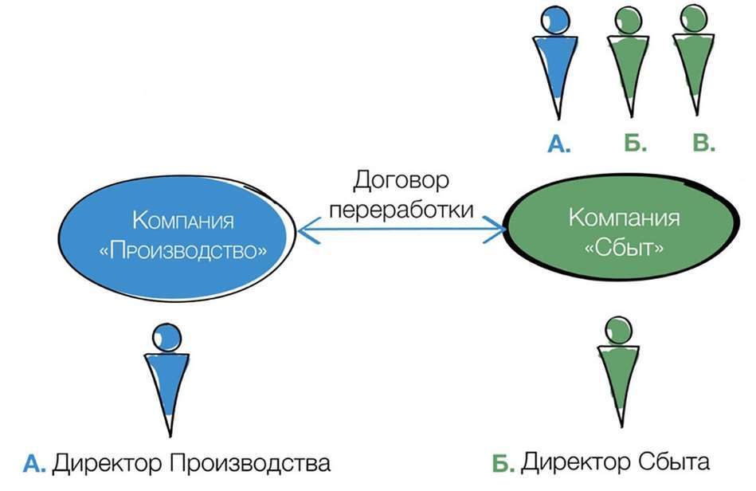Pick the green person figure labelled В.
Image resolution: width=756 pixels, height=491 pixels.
point(692,60)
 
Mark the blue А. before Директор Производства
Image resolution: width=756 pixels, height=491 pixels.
point(37,463)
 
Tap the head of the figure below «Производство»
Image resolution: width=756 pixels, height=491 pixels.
point(166,337)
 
